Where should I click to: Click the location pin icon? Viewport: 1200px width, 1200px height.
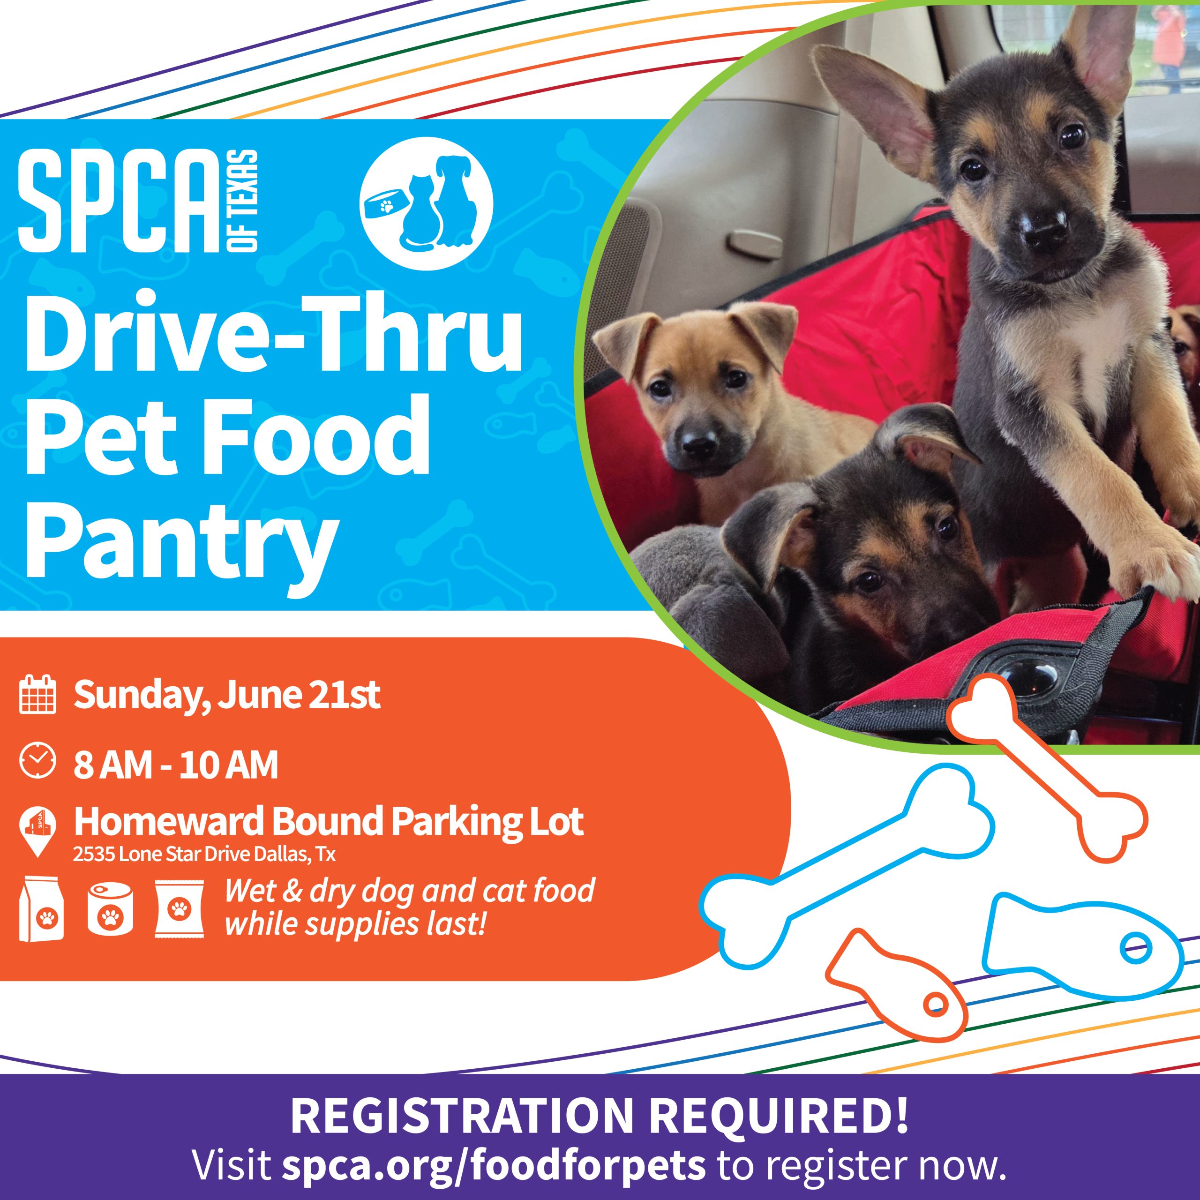tap(38, 831)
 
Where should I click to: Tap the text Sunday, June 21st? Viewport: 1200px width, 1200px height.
tap(227, 696)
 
